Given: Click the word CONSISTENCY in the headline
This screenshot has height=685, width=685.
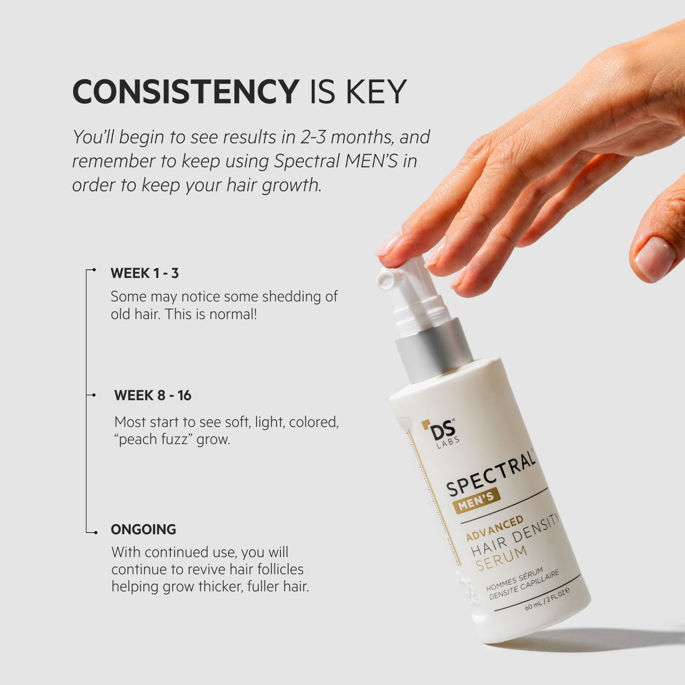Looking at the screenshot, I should pos(185,91).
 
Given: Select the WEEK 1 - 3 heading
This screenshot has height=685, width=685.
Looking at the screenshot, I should pos(144,273).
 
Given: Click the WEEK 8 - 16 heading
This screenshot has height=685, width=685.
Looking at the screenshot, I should pos(153,395).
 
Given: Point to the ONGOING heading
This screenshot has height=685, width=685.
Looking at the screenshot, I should pos(143,530).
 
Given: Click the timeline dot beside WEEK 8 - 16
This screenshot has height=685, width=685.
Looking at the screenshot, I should pos(94,395).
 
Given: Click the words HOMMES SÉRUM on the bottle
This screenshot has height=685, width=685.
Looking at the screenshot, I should pos(514,580).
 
